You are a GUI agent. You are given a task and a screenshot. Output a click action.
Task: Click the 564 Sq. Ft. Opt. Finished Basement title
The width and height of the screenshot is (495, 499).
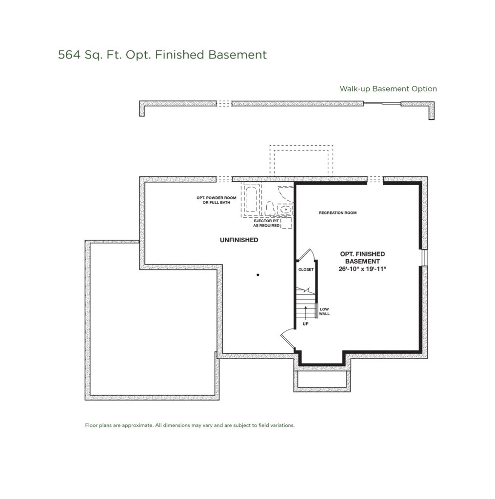pyautogui.click(x=162, y=55)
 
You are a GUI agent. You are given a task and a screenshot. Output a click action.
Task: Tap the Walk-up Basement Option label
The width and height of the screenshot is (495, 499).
pyautogui.click(x=388, y=89)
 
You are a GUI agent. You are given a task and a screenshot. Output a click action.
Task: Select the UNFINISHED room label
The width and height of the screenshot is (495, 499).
pyautogui.click(x=239, y=240)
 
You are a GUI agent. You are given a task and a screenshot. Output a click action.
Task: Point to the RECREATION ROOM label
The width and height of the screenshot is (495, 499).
pyautogui.click(x=337, y=213)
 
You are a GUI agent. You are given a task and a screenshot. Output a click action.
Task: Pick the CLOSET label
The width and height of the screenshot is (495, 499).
pyautogui.click(x=306, y=269)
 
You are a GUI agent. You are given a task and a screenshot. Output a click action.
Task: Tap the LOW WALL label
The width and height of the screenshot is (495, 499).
pyautogui.click(x=324, y=311)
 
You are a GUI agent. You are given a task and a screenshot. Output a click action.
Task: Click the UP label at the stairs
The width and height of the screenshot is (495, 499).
pyautogui.click(x=305, y=323)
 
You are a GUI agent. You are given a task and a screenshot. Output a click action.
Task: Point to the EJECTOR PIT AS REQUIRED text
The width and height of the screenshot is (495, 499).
pyautogui.click(x=266, y=224)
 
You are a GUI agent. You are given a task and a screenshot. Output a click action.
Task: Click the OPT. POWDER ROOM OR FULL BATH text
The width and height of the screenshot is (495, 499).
pyautogui.click(x=213, y=200)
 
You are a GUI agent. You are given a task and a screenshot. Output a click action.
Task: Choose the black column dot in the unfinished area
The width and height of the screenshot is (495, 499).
pyautogui.click(x=257, y=275)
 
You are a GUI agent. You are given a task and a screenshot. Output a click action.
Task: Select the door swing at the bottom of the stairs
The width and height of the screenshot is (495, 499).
pyautogui.click(x=287, y=339)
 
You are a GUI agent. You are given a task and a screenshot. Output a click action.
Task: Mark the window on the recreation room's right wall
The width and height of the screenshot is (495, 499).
pyautogui.click(x=424, y=257)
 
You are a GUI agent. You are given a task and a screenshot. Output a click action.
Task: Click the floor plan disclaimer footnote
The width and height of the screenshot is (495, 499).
pyautogui.click(x=190, y=425)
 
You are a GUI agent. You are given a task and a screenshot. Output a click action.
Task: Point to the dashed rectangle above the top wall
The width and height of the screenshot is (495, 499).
pyautogui.click(x=301, y=161)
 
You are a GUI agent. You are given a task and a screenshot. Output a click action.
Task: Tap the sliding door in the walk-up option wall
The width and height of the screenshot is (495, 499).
pyautogui.click(x=382, y=103)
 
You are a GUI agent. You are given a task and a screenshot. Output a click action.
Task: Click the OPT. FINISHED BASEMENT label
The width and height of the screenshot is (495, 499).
pyautogui.click(x=362, y=257)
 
